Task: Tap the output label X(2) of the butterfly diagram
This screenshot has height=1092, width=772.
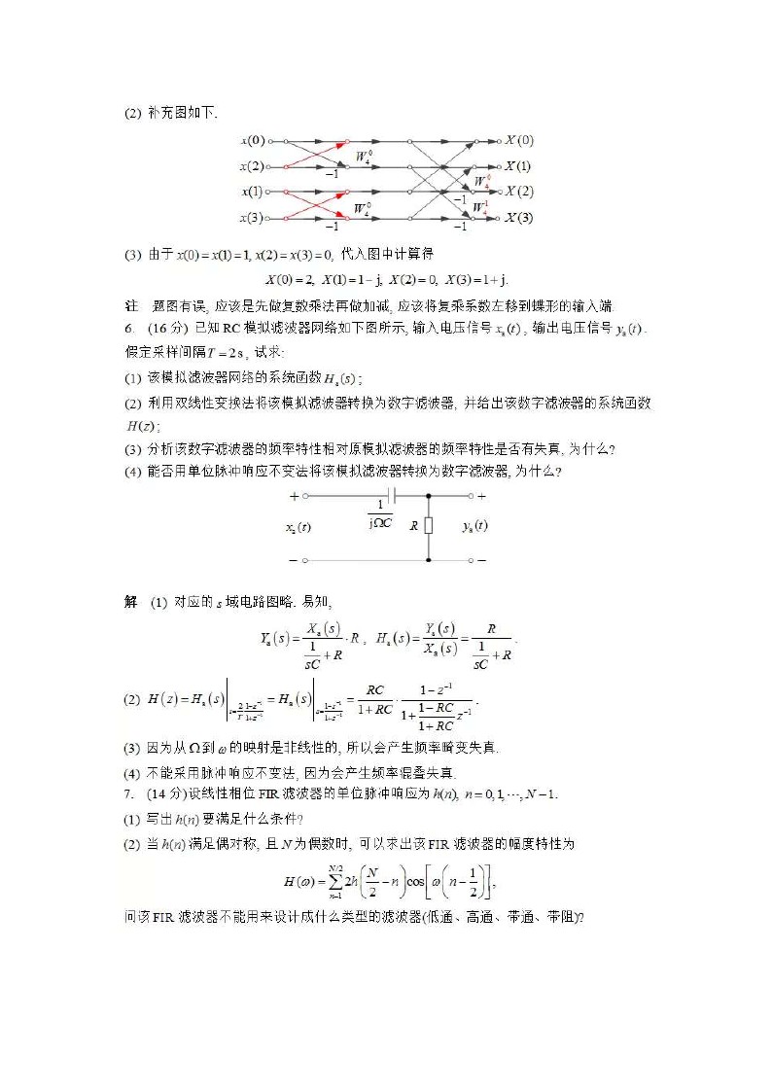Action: tap(518, 192)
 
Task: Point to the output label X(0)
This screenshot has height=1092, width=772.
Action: tap(518, 140)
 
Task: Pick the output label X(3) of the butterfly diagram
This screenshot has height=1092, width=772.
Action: tap(518, 218)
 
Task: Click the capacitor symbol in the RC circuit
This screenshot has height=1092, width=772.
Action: tap(391, 496)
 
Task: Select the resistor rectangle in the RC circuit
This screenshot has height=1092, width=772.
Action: tap(429, 526)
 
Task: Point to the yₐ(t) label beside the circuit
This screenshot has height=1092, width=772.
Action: tap(474, 526)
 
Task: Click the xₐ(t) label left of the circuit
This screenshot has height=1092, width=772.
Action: tap(298, 527)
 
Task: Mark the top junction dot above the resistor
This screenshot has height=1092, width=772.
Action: tap(429, 496)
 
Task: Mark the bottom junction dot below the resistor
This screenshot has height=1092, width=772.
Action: tap(429, 560)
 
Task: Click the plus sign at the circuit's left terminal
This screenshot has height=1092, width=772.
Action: tap(295, 496)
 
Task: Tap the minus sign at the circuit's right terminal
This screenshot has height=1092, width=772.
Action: tap(481, 561)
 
